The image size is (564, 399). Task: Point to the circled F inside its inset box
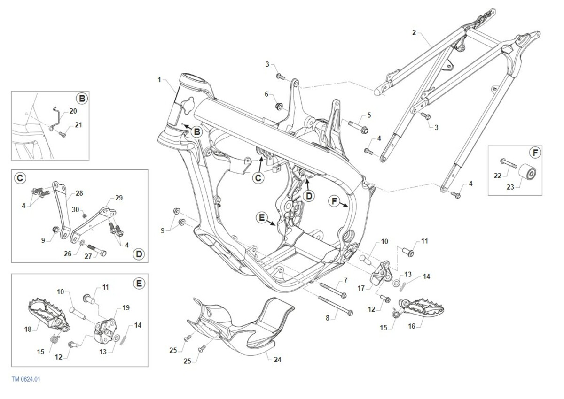[534, 153]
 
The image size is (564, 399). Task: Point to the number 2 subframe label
[414, 32]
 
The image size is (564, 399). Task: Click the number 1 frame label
[160, 80]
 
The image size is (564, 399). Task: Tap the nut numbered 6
[278, 105]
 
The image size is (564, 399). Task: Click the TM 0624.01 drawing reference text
[26, 379]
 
